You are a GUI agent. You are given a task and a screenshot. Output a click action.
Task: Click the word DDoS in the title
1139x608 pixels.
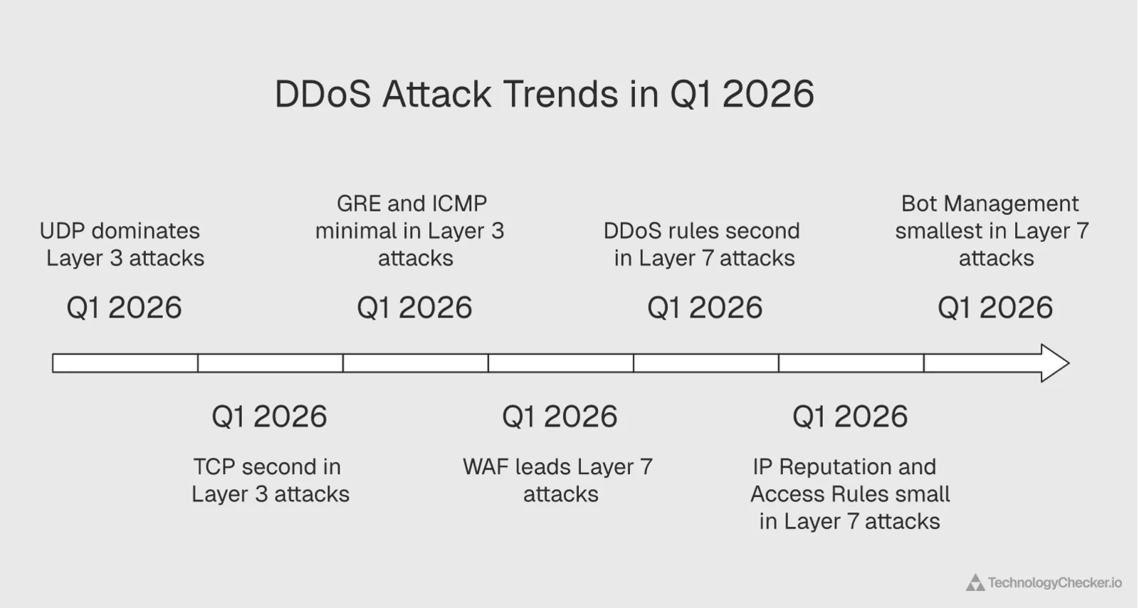[322, 95]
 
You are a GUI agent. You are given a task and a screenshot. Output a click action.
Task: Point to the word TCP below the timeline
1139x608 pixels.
[215, 467]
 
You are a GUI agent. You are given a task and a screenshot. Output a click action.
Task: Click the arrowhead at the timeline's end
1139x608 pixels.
[1054, 363]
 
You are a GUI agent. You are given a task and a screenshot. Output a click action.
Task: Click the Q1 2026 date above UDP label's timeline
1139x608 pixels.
[125, 308]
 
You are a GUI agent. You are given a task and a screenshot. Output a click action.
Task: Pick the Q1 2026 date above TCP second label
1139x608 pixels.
[270, 416]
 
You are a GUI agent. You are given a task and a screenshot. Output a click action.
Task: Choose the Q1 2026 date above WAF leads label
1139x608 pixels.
[560, 416]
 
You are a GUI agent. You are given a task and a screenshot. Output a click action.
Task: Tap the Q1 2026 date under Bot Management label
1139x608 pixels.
[995, 308]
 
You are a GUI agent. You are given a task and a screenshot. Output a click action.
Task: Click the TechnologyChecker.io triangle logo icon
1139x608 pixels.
[975, 583]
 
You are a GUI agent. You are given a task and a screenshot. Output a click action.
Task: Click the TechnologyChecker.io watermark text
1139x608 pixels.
[1054, 583]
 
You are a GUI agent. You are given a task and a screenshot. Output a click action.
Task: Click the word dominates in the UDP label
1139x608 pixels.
[145, 231]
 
